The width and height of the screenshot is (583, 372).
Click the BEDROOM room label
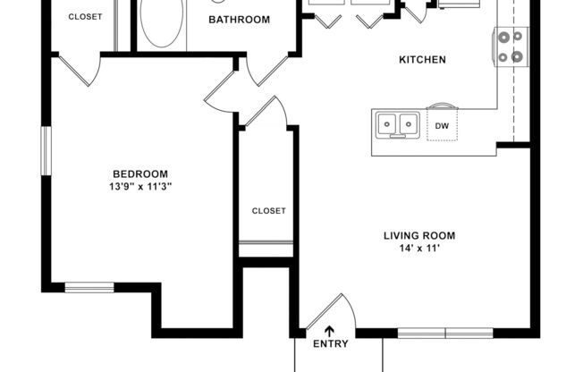[x=139, y=173]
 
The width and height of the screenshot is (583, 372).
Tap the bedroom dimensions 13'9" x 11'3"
[x=140, y=187]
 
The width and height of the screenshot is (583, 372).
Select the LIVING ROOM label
[x=419, y=236]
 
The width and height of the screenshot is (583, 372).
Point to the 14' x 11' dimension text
[x=419, y=249]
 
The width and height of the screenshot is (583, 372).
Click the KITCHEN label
[x=422, y=60]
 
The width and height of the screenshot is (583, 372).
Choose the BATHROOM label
[x=239, y=19]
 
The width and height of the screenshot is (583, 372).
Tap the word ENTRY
[x=329, y=343]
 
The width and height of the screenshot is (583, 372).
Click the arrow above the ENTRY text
[x=329, y=330]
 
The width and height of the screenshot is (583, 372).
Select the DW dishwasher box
[x=442, y=126]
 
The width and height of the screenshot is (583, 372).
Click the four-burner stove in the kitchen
[x=511, y=46]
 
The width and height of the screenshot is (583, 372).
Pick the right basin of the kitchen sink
[x=409, y=123]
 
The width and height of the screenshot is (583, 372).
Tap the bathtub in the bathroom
[x=161, y=24]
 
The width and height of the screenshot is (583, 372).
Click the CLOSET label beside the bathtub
[x=85, y=17]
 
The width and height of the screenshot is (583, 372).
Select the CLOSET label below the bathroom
[x=268, y=211]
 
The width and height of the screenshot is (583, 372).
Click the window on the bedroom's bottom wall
[x=89, y=287]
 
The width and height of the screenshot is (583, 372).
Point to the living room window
[x=445, y=333]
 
